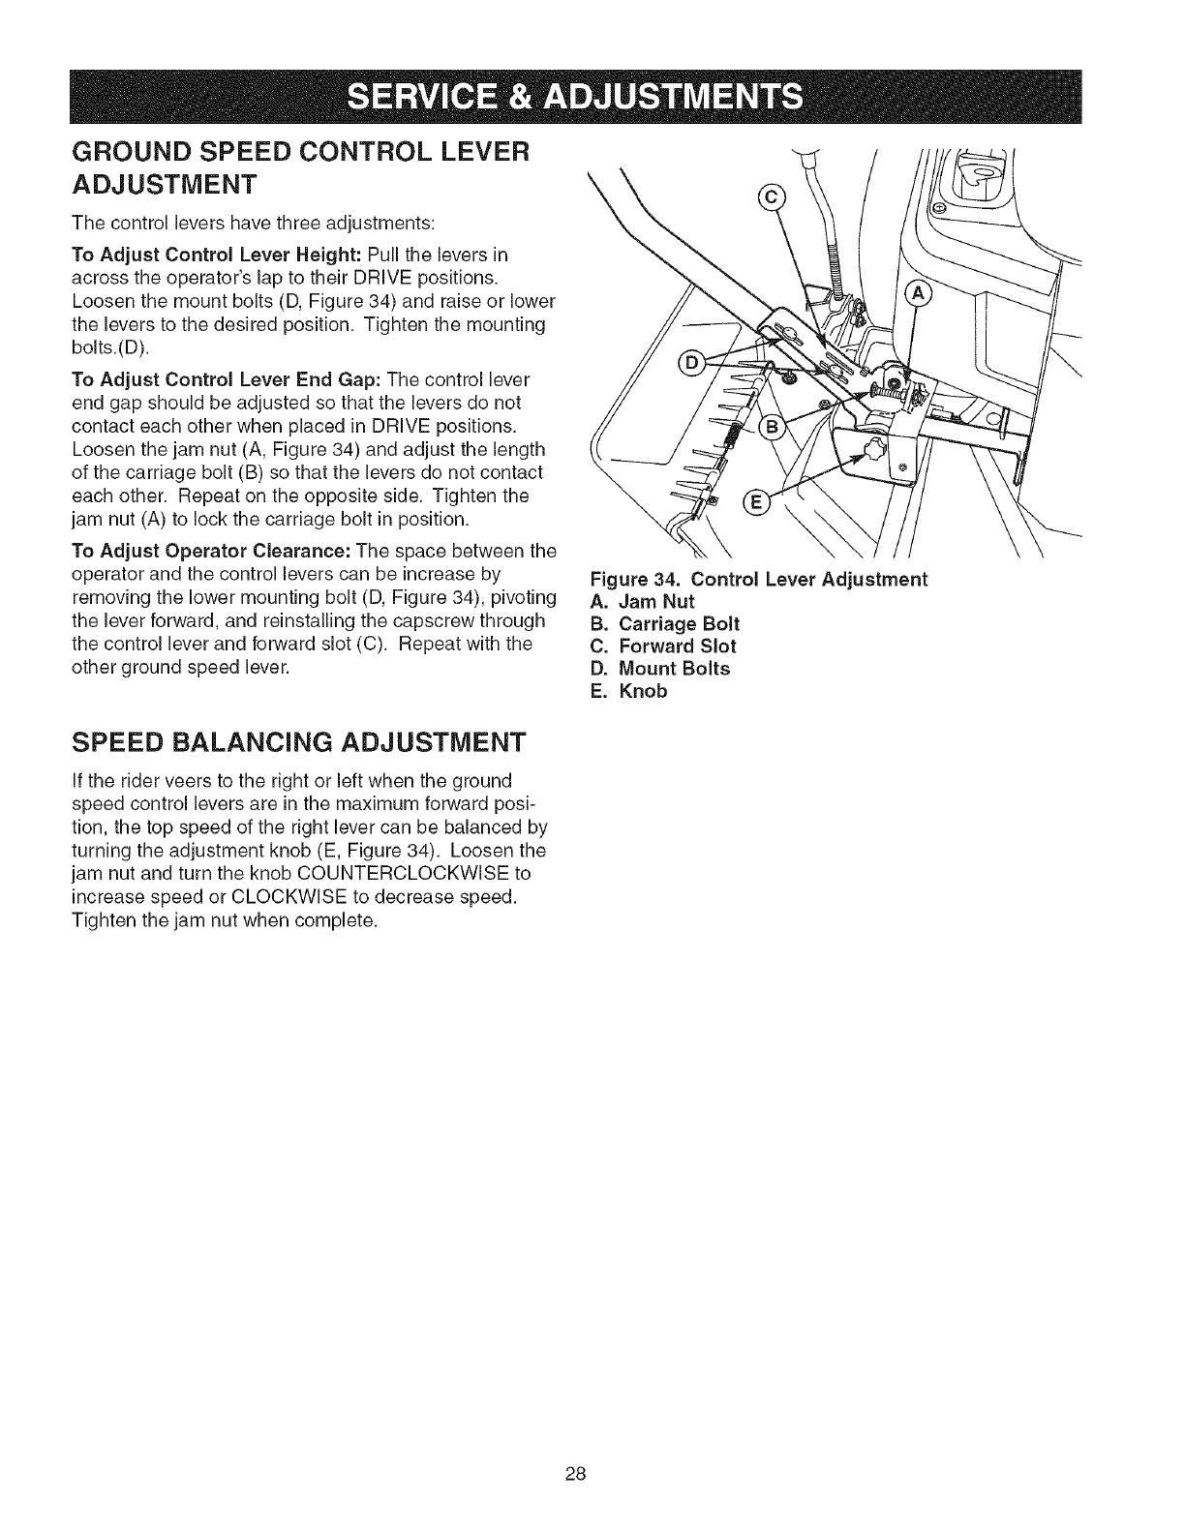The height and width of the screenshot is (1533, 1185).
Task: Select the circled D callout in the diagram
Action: [x=692, y=364]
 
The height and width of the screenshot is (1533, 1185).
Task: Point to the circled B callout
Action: [x=775, y=430]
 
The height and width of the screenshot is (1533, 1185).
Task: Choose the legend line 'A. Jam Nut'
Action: [x=642, y=600]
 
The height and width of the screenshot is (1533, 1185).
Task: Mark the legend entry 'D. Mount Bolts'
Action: [x=659, y=669]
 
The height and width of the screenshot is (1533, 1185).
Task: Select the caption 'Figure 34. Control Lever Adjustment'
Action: [x=758, y=579]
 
